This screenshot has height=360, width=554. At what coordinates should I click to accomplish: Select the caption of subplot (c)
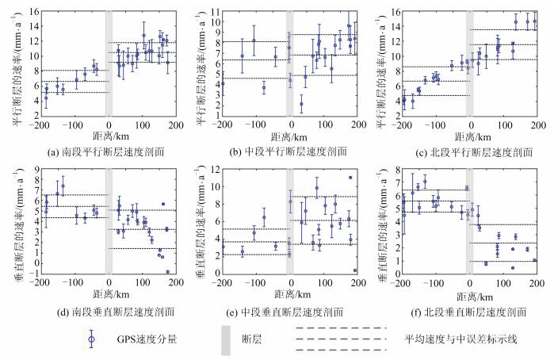[467, 151]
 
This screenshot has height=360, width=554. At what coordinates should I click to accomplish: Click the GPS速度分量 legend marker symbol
[91, 337]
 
